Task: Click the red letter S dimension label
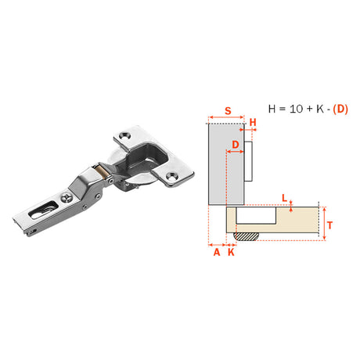point(228,111)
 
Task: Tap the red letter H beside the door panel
point(253,122)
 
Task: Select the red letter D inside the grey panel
point(236,145)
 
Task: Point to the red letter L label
point(285,198)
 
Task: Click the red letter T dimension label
point(330,225)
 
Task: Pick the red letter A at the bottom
point(217,252)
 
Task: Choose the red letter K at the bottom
point(231,252)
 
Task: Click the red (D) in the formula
point(340,109)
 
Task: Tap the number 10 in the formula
point(296,109)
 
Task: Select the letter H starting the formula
point(272,109)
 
